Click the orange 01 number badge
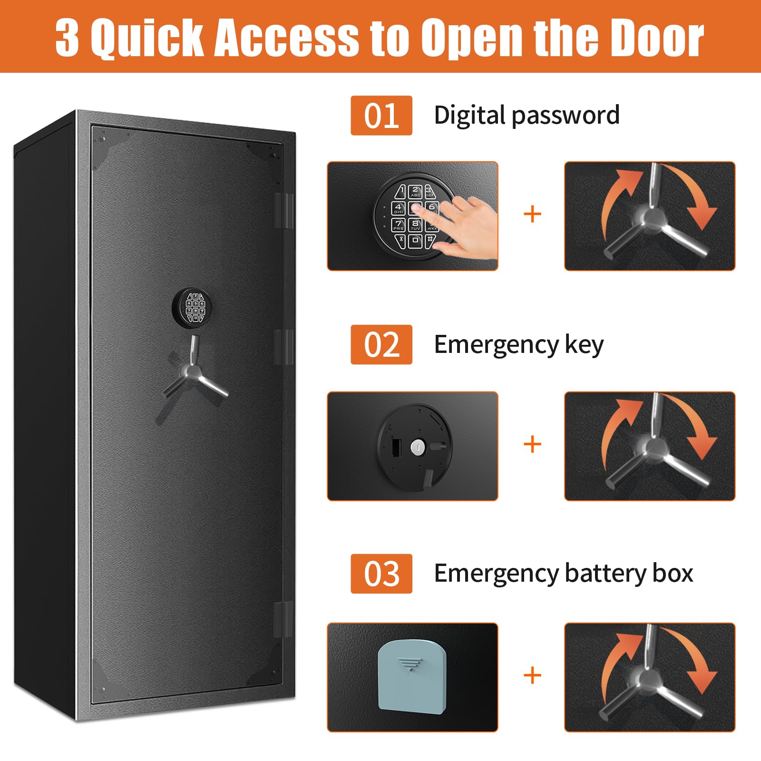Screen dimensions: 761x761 tap(381, 116)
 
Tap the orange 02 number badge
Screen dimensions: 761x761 tap(381, 345)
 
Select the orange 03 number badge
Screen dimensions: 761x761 tap(381, 574)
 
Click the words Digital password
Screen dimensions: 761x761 tap(527, 116)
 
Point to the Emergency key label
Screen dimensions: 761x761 tap(518, 345)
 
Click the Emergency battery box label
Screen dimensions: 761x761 tap(563, 574)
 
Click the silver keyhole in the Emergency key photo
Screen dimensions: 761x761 tap(417, 446)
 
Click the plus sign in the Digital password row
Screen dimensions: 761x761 tap(532, 215)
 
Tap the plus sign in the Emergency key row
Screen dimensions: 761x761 tap(532, 445)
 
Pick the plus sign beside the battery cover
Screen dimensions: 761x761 tap(532, 675)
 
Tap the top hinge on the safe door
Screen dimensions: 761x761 tap(284, 210)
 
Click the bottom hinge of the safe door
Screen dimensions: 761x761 tap(284, 620)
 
